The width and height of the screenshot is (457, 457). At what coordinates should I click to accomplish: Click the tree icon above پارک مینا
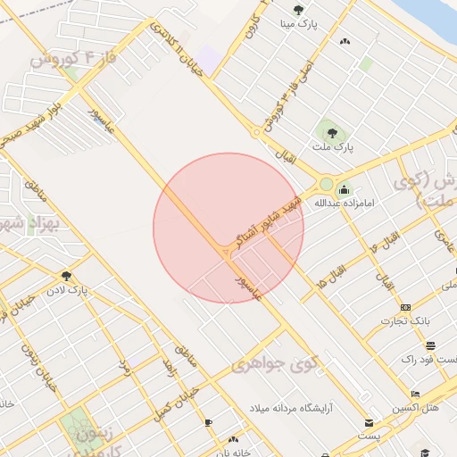point(298,10)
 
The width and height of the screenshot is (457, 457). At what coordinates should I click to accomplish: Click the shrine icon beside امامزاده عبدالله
point(345,189)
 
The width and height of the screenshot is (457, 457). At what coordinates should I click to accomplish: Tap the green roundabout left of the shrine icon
point(327,185)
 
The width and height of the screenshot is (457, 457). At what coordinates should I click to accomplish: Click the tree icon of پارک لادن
point(66,276)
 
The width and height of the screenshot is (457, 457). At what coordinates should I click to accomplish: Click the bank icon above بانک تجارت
point(406,307)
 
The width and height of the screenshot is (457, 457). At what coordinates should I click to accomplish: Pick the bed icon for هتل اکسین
point(415,394)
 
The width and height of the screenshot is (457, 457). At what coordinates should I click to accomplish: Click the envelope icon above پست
point(369,422)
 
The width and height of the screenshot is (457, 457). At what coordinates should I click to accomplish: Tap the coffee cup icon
point(208,422)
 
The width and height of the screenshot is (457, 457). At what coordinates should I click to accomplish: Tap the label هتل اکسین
point(416,407)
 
